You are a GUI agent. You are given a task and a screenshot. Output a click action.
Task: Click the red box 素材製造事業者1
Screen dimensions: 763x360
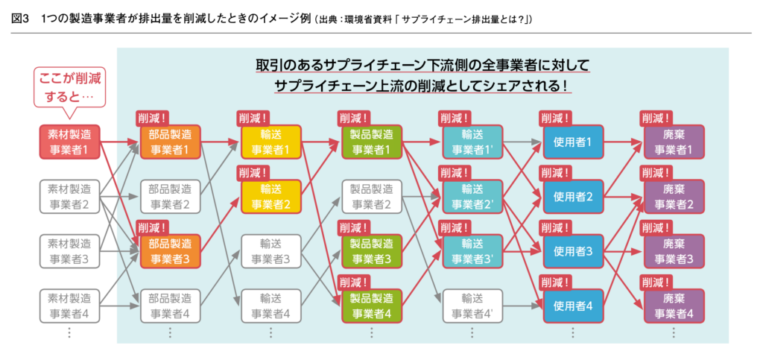point(69,142)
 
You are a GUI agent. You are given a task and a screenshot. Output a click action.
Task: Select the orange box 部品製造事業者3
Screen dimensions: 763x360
point(171,251)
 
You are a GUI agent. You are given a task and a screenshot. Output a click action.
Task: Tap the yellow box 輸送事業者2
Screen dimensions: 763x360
point(271,197)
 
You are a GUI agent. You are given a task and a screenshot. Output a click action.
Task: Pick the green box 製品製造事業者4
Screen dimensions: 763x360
point(372,306)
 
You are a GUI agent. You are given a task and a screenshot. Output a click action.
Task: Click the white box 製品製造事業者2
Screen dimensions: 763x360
point(372,197)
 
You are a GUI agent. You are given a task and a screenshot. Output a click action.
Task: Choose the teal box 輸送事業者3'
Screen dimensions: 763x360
point(472,251)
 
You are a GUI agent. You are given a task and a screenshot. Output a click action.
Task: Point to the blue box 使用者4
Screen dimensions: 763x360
point(573,306)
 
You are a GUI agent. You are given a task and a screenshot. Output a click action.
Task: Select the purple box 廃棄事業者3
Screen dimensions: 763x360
point(674,251)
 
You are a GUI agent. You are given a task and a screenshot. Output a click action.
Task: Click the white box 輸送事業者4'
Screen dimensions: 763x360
point(472,306)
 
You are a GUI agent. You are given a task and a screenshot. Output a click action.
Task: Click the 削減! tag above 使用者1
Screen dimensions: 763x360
point(556,118)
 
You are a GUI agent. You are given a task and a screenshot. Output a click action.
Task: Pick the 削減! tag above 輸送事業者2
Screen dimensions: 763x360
point(254,173)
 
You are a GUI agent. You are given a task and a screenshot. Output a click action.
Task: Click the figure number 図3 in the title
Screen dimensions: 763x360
point(21,19)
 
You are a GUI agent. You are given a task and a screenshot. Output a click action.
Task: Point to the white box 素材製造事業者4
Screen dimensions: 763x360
point(69,306)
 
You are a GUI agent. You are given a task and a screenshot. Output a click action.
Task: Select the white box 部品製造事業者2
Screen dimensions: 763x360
point(171,197)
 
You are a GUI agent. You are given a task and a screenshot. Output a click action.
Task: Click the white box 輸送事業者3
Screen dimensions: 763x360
point(271,251)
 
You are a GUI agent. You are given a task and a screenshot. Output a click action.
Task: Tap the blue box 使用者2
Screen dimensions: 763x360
point(573,197)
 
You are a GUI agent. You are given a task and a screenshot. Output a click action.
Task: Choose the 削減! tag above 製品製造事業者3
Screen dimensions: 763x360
point(355,227)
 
